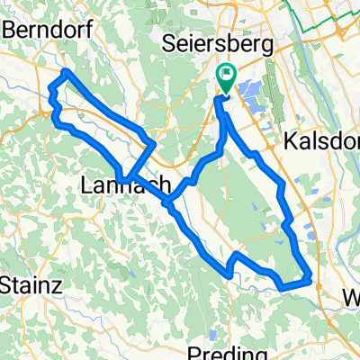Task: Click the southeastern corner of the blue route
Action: [x=311, y=279]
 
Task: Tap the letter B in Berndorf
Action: [x=10, y=28]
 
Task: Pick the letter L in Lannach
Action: [x=86, y=185]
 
